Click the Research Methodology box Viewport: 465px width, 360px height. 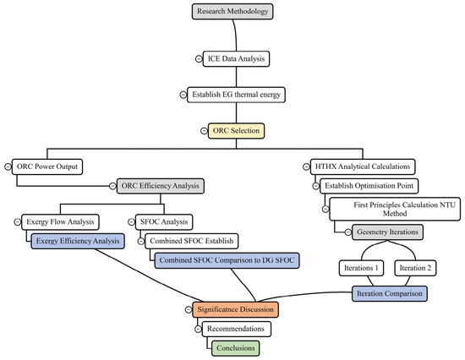(232, 12)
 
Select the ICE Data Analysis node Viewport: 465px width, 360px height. (236, 58)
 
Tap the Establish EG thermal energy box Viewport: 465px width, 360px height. (236, 95)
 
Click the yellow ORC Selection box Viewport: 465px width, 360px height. (236, 131)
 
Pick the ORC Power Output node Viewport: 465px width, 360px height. (47, 166)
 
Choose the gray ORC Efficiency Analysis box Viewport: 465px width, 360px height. (161, 186)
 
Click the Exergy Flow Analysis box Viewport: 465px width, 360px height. (60, 222)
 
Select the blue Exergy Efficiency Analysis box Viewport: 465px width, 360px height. (78, 241)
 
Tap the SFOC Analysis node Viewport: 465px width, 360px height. (164, 222)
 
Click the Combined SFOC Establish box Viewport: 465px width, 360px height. (192, 241)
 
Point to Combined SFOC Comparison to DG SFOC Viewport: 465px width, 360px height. (227, 260)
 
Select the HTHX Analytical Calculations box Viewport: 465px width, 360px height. (363, 166)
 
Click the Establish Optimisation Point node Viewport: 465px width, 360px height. (369, 186)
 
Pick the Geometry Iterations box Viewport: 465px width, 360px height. (387, 232)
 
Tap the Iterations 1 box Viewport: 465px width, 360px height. (361, 268)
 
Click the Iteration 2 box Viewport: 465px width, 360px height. (415, 268)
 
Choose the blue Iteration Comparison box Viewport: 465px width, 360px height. (390, 294)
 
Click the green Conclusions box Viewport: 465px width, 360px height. (236, 348)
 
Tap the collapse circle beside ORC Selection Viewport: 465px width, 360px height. (204, 131)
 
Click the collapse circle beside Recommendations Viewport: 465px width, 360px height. (198, 329)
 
